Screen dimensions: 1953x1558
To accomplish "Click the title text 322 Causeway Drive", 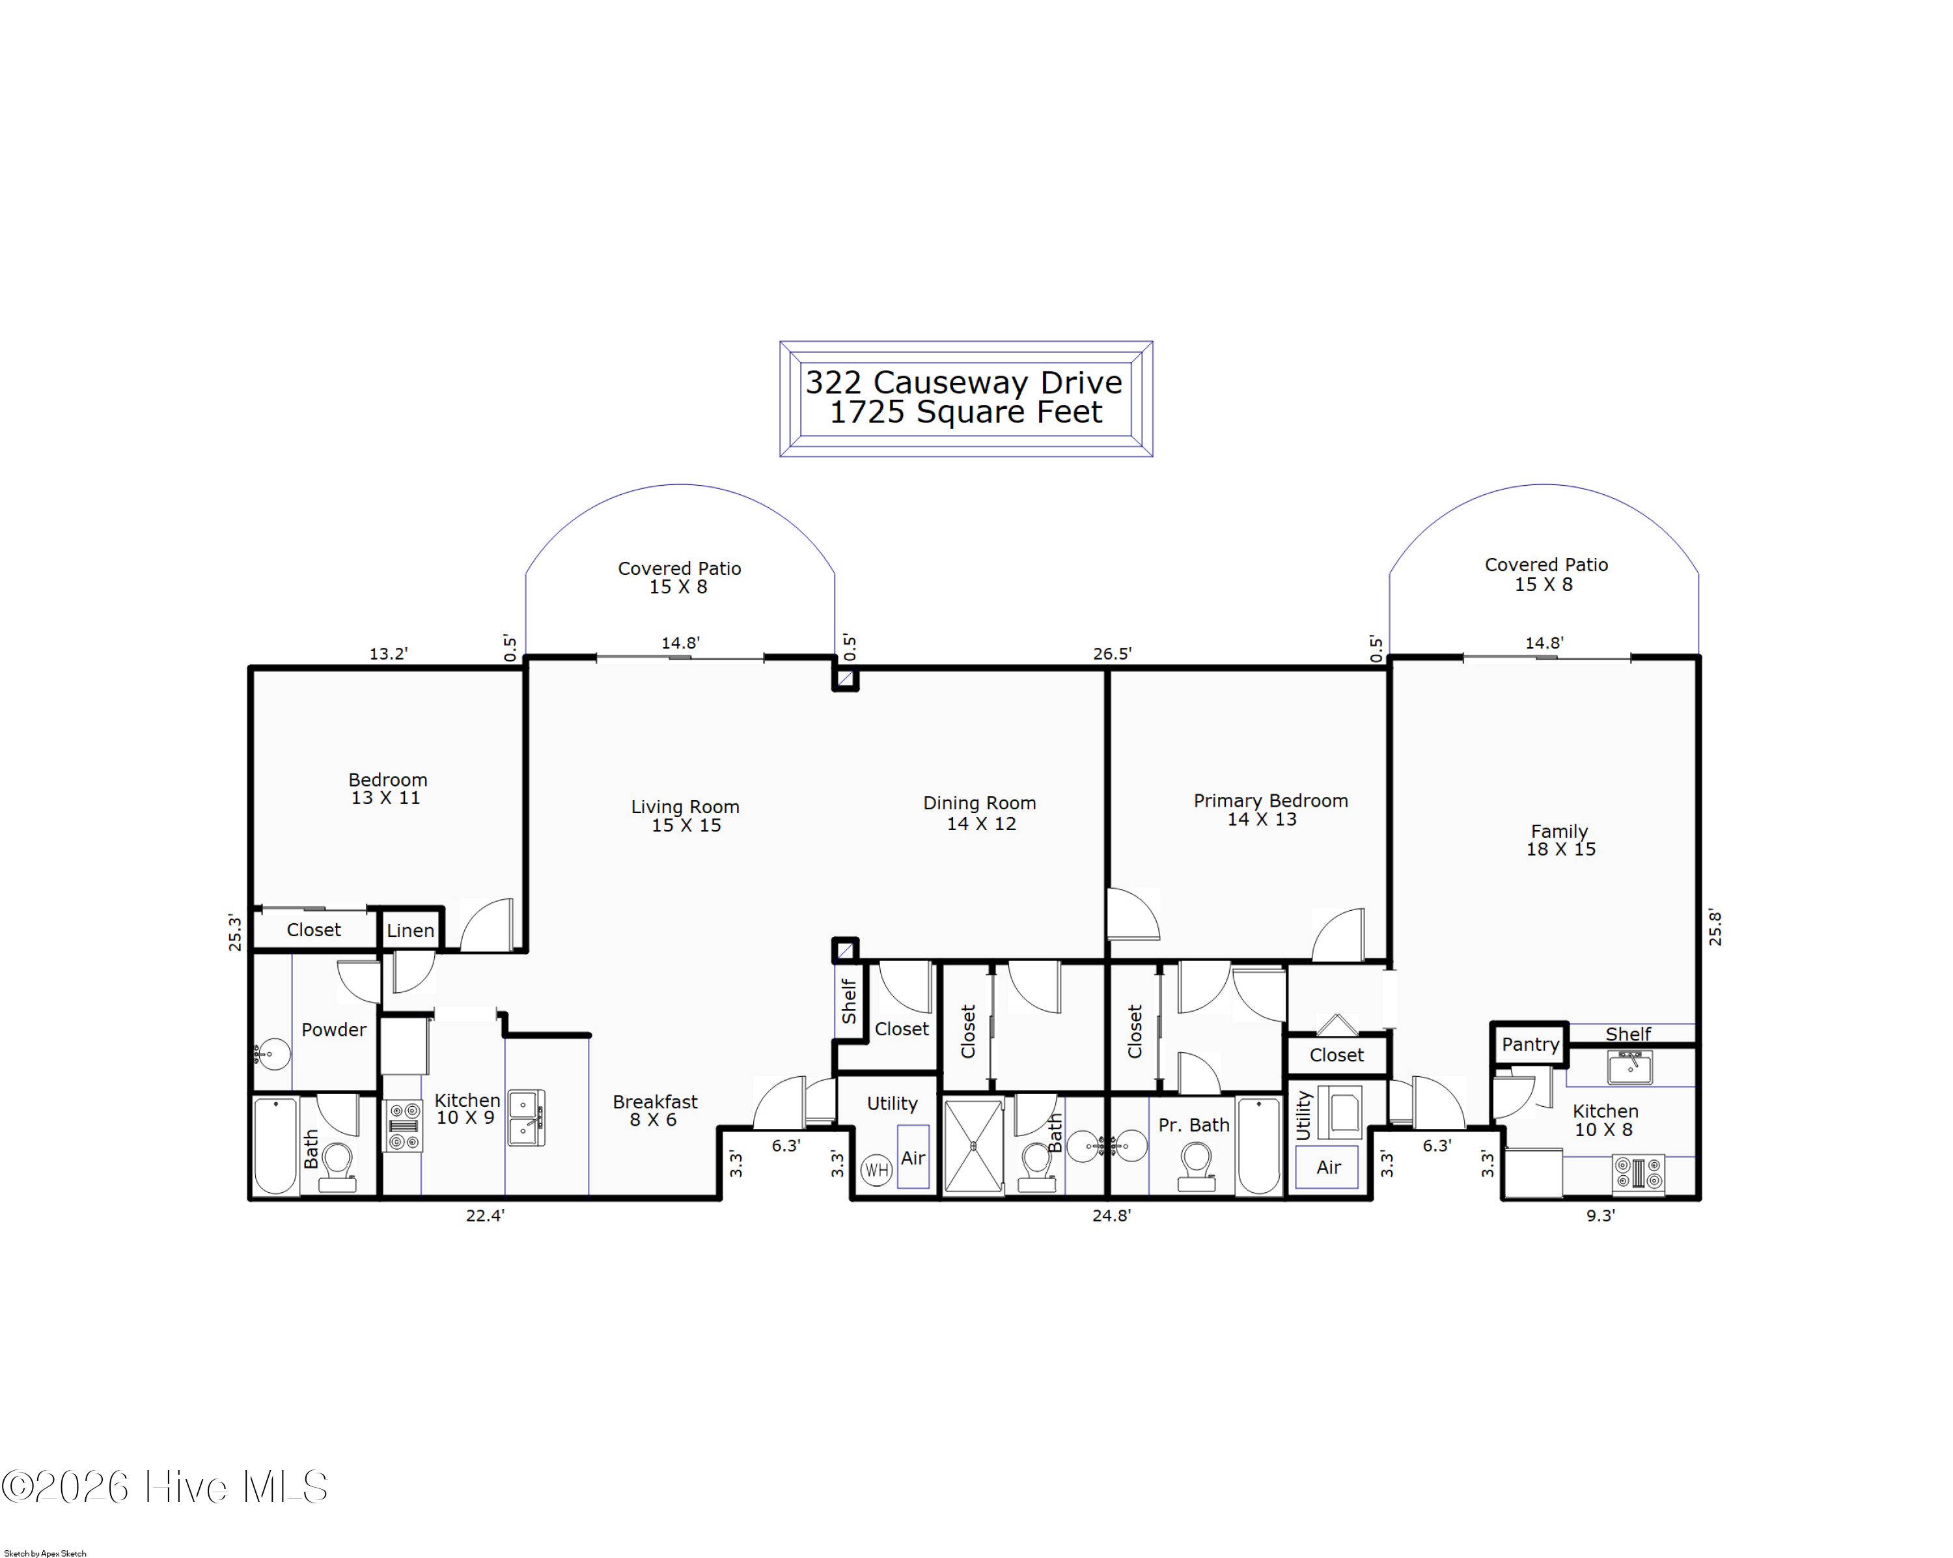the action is pos(964,382).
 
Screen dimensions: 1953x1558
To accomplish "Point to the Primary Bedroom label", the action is pos(1270,801).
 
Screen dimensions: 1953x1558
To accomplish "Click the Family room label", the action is pos(1559,831).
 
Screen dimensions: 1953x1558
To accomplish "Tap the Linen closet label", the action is pos(410,930).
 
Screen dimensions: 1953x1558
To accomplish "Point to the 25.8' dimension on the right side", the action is pos(1715,928).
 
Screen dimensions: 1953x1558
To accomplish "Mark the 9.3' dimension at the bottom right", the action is pos(1601,1216).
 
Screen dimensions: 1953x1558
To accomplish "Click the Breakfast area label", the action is pos(655,1102).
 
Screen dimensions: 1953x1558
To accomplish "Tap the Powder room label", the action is pos(333,1030).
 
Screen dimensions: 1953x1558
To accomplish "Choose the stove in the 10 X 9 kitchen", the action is pos(404,1126).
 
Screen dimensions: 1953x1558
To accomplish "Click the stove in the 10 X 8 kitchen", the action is pos(1639,1174).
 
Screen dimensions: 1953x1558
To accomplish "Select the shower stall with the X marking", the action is pos(974,1147).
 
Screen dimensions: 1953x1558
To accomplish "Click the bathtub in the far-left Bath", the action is pos(275,1146).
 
